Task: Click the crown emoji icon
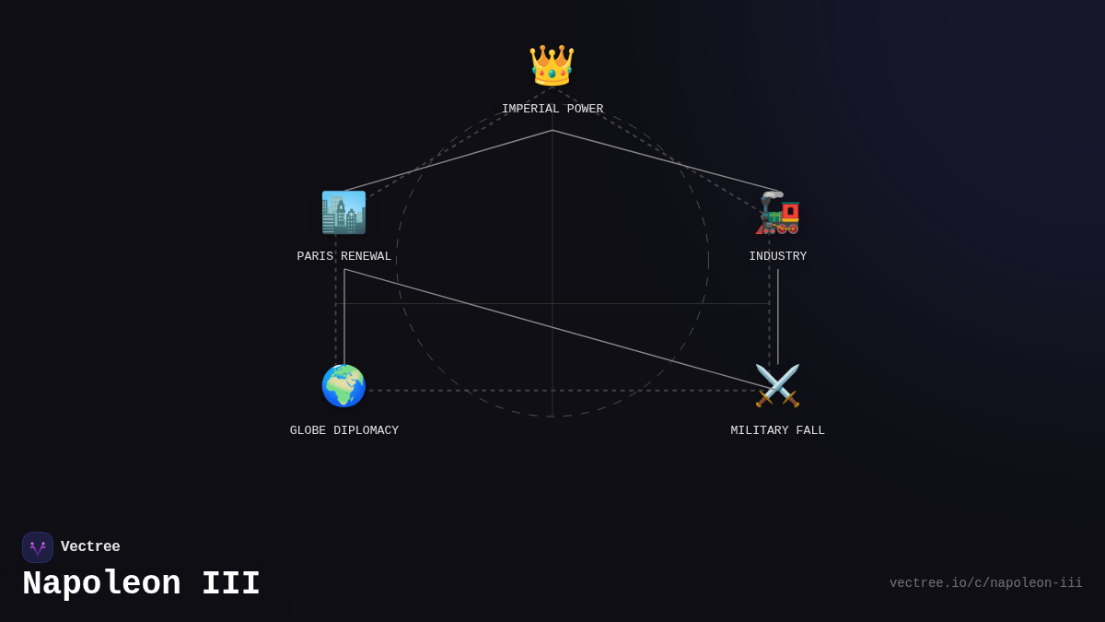click(x=552, y=65)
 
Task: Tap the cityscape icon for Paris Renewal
click(x=343, y=212)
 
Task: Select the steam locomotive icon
click(x=777, y=213)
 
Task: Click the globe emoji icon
click(x=343, y=385)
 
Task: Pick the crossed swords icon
click(x=777, y=385)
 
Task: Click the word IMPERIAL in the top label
click(x=530, y=109)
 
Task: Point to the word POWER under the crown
click(x=585, y=109)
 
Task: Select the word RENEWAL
click(x=366, y=256)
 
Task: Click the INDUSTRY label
click(x=778, y=256)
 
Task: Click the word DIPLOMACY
click(x=366, y=430)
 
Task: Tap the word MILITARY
click(x=760, y=430)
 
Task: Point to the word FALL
click(x=810, y=430)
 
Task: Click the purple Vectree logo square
click(x=38, y=547)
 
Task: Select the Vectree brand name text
click(x=90, y=546)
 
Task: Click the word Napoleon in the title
click(x=101, y=583)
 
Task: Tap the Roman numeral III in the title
click(x=231, y=583)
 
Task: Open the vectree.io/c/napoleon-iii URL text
click(x=985, y=583)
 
